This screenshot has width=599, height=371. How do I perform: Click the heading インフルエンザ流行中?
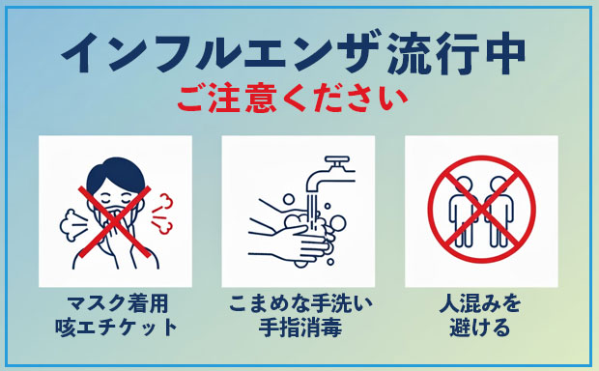(299, 54)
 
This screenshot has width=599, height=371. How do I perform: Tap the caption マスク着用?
(115, 304)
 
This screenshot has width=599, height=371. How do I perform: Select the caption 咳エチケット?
(115, 328)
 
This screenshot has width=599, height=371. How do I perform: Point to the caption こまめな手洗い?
(299, 304)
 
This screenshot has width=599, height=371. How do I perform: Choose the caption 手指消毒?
(299, 328)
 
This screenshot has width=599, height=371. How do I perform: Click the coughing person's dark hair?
(115, 175)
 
